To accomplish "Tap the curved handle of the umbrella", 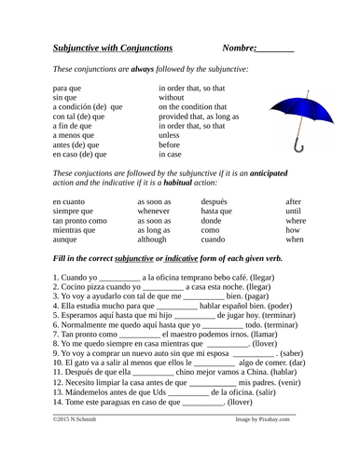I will coord(298,144).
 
